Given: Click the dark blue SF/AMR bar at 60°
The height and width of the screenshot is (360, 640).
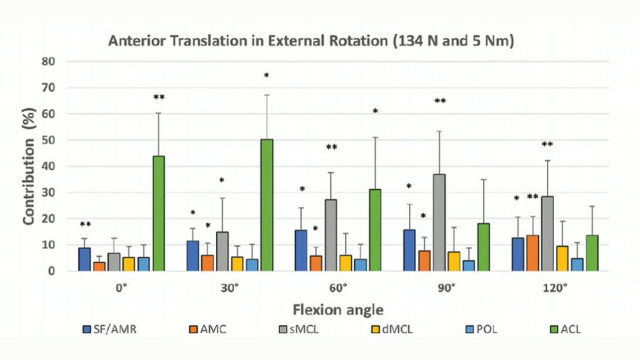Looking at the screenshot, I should tap(301, 250).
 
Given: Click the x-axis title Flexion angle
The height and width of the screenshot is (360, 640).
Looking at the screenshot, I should tap(337, 309).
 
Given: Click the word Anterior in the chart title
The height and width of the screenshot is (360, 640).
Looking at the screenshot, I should tap(136, 41).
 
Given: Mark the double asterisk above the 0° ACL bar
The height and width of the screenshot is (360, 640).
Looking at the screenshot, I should tap(159, 97).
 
